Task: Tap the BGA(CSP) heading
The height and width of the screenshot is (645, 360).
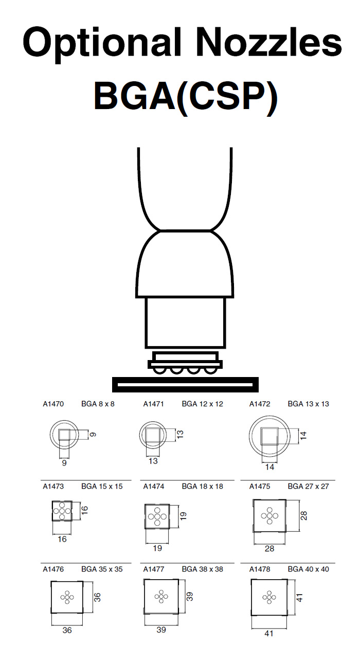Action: [x=186, y=97]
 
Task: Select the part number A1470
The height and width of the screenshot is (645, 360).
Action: [x=53, y=404]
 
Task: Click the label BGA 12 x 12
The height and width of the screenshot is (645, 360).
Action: [x=203, y=404]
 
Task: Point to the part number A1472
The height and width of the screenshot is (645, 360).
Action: [x=260, y=404]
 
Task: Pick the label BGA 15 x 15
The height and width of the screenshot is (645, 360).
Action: [x=102, y=487]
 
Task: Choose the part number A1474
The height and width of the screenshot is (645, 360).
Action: [x=154, y=487]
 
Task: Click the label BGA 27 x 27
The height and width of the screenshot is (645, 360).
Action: [x=309, y=487]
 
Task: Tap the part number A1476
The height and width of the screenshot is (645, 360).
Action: [x=53, y=569]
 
